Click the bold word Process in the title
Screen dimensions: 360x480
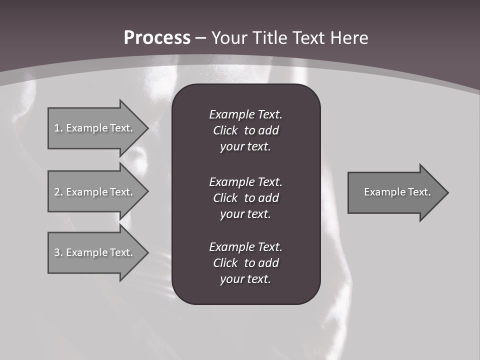coord(157,37)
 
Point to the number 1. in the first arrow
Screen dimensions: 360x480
coord(58,128)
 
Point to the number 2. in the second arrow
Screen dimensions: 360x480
coord(58,192)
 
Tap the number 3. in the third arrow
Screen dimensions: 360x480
coord(58,252)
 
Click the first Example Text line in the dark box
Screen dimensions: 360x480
coord(245,114)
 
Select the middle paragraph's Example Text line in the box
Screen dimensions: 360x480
coord(245,181)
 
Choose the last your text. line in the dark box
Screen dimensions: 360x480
coord(245,279)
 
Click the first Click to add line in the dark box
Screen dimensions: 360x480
coord(245,130)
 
